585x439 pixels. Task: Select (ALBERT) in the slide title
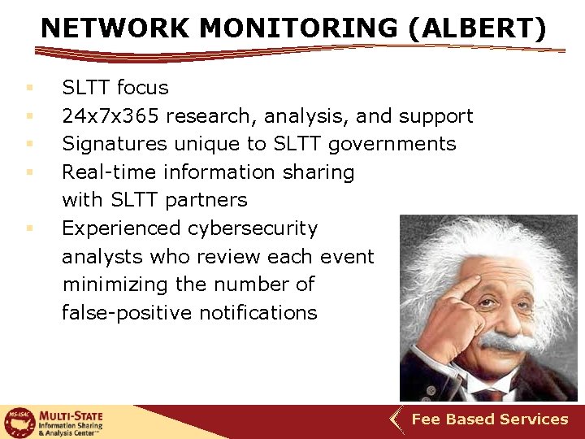click(478, 28)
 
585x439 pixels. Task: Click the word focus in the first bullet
click(143, 88)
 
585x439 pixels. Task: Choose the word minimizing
click(115, 285)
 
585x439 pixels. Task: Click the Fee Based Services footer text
click(490, 419)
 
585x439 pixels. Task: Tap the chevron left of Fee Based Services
click(396, 420)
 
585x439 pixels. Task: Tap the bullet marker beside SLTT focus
click(28, 88)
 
